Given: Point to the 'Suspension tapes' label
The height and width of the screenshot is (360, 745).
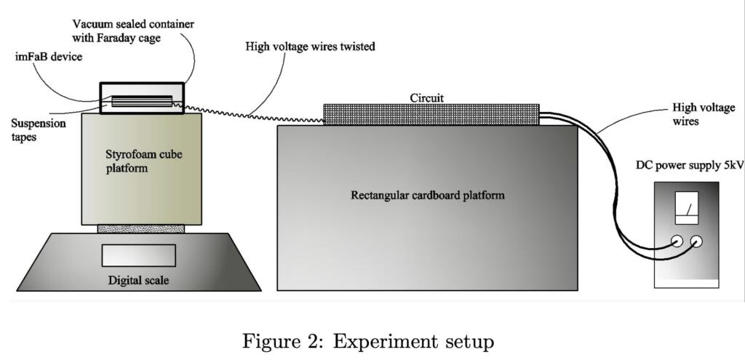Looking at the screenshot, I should point(38,129).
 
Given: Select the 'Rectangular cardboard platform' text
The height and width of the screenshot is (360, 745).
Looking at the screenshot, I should point(427,195).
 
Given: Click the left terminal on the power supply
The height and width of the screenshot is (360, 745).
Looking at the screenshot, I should point(676,242).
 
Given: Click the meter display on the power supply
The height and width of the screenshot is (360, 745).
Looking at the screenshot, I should point(687,205).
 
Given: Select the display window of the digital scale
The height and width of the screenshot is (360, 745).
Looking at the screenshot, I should point(138,255).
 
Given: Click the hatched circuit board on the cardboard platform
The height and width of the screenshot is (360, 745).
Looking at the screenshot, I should point(431,113).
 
